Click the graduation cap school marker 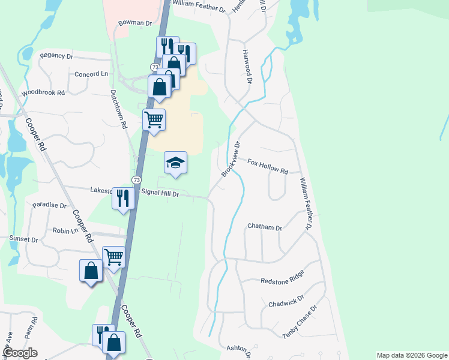[175, 163]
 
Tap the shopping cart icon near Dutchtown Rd [154, 120]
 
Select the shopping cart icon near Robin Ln [113, 257]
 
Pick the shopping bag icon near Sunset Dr [91, 271]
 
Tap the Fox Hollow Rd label [268, 166]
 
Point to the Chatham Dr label [265, 227]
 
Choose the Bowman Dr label [135, 23]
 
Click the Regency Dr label [56, 56]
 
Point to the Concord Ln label [91, 74]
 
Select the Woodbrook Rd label [43, 94]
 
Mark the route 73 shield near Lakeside [137, 180]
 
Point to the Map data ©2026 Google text [411, 355]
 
